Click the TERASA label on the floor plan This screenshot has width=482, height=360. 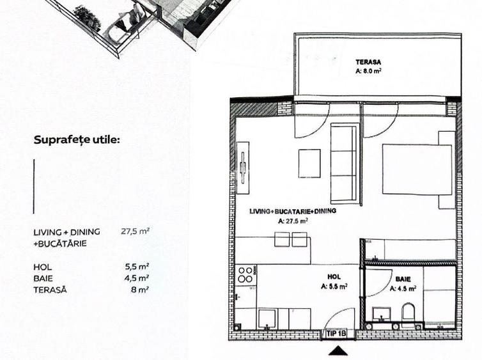click(368, 62)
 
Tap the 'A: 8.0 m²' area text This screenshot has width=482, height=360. click(368, 72)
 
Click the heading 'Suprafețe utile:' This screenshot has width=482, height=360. click(77, 139)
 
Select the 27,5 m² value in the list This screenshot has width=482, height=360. click(135, 232)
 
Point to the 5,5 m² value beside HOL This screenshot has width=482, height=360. click(137, 267)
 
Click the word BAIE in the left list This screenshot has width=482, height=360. click(43, 278)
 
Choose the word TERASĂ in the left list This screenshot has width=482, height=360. click(49, 290)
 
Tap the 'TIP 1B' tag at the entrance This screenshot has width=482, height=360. click(336, 333)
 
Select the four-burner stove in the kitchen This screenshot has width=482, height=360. click(245, 275)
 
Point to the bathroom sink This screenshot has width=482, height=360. click(382, 315)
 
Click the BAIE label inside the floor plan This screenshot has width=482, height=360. click(403, 279)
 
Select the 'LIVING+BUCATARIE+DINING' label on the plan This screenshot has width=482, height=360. click(293, 211)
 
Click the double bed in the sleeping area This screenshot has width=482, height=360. click(416, 169)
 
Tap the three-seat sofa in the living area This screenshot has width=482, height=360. click(344, 162)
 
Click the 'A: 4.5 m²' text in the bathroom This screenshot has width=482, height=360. click(403, 288)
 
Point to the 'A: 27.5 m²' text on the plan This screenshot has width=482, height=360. click(293, 221)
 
